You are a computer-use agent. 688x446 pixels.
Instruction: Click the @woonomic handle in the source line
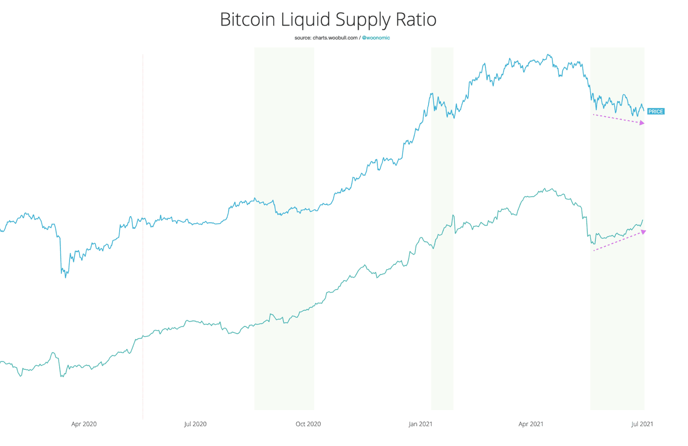(376, 38)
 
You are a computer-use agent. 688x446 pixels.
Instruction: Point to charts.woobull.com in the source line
(335, 38)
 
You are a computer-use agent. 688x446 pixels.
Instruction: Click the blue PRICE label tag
(655, 112)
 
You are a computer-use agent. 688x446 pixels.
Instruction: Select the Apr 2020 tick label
(84, 424)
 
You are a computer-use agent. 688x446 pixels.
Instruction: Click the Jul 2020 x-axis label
(195, 424)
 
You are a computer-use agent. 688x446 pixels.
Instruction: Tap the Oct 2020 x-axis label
(308, 424)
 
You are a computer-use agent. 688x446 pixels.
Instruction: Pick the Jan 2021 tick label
(420, 424)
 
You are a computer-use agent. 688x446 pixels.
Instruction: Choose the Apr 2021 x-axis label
(531, 424)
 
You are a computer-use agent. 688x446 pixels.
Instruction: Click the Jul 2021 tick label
(642, 424)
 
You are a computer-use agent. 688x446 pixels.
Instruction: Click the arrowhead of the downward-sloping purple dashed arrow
(642, 123)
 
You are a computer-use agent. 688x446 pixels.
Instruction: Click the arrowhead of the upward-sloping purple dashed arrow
(643, 232)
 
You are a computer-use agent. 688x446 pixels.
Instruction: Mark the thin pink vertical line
(143, 236)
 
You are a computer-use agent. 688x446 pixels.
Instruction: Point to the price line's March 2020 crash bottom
(65, 277)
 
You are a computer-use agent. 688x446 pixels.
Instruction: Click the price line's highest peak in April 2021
(548, 55)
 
